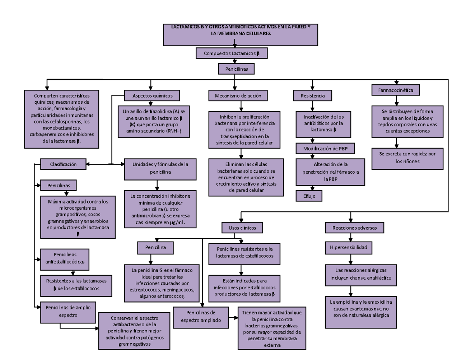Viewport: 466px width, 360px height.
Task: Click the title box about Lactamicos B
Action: [x=241, y=35]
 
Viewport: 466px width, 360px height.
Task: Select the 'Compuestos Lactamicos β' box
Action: [x=232, y=53]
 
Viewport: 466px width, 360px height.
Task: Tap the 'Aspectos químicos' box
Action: [x=152, y=95]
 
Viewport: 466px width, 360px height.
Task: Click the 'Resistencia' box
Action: [x=313, y=95]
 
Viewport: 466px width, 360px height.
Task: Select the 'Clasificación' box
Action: [x=63, y=164]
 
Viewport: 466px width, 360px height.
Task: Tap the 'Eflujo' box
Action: [x=309, y=196]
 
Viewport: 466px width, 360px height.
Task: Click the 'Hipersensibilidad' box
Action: [x=348, y=247]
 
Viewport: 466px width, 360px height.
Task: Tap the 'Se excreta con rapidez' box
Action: [x=407, y=158]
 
